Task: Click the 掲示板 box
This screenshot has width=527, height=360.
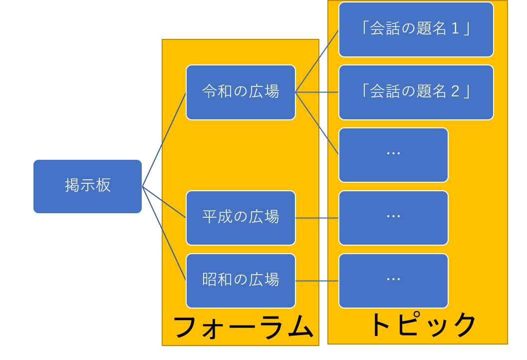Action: pos(87,186)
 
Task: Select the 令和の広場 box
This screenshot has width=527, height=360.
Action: pos(241,92)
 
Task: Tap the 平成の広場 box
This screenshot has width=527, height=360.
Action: pos(241,218)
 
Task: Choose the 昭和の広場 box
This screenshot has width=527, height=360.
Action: pos(241,281)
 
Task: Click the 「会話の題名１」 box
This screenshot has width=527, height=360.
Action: pos(416,29)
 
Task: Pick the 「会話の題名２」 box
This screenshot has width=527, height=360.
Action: pos(416,92)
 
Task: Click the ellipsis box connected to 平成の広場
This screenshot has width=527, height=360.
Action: pos(393,218)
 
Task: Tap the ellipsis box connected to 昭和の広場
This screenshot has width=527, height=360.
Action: pos(393,281)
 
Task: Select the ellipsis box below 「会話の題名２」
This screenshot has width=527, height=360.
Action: pos(393,155)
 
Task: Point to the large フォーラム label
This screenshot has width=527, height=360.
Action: pos(243,328)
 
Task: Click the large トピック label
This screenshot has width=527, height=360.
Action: pos(422,325)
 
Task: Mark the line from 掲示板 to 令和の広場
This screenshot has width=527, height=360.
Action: pos(164,139)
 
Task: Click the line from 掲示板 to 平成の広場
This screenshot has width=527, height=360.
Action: pos(164,202)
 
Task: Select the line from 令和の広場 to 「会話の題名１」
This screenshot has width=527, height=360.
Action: pos(317,61)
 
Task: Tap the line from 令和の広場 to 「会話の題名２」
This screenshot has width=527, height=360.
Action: pos(317,92)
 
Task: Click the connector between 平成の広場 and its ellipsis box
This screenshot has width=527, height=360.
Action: pos(317,218)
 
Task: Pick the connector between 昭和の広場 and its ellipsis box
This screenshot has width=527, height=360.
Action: pos(317,281)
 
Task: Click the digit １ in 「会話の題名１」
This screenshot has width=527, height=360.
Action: pos(455,29)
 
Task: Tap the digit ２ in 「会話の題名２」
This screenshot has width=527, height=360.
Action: pos(455,92)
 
